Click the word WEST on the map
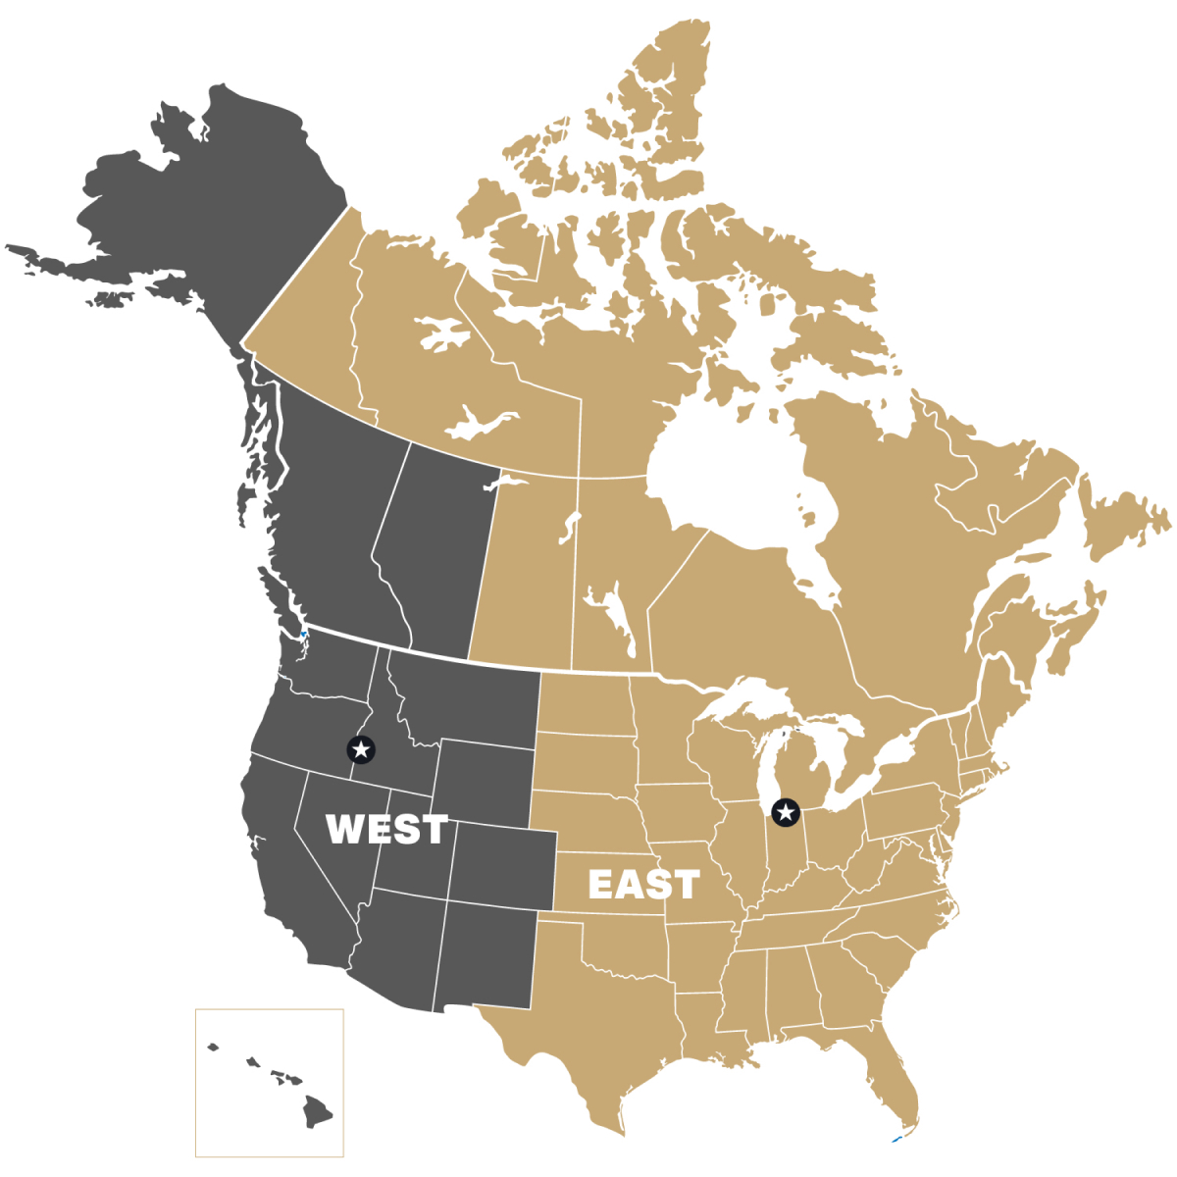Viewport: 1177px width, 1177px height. coord(386,830)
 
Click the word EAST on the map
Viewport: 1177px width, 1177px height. coord(643,885)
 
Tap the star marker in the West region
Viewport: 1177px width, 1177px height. coord(361,750)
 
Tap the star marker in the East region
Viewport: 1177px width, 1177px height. coord(785,812)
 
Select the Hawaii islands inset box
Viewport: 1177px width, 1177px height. coord(270,1082)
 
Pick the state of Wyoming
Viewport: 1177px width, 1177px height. coord(486,780)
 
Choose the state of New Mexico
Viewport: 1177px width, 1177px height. coord(486,956)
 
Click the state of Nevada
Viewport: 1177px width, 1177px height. coord(338,863)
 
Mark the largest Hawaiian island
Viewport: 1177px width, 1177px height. coord(317,1111)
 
